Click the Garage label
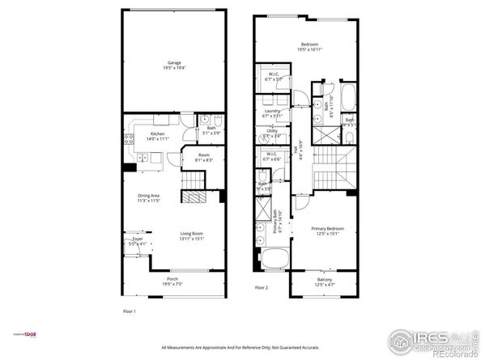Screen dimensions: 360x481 click(174, 64)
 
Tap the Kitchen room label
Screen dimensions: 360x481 click(157, 136)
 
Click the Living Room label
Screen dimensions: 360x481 click(192, 236)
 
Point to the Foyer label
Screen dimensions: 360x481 click(138, 240)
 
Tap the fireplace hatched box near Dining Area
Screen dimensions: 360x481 click(194, 197)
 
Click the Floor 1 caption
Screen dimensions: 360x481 click(129, 311)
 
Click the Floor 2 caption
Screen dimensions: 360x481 click(261, 287)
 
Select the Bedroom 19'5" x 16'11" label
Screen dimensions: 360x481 click(309, 47)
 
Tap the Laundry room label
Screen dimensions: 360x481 click(272, 114)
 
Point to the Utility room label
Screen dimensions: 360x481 click(272, 133)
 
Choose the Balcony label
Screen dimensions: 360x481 click(323, 282)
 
